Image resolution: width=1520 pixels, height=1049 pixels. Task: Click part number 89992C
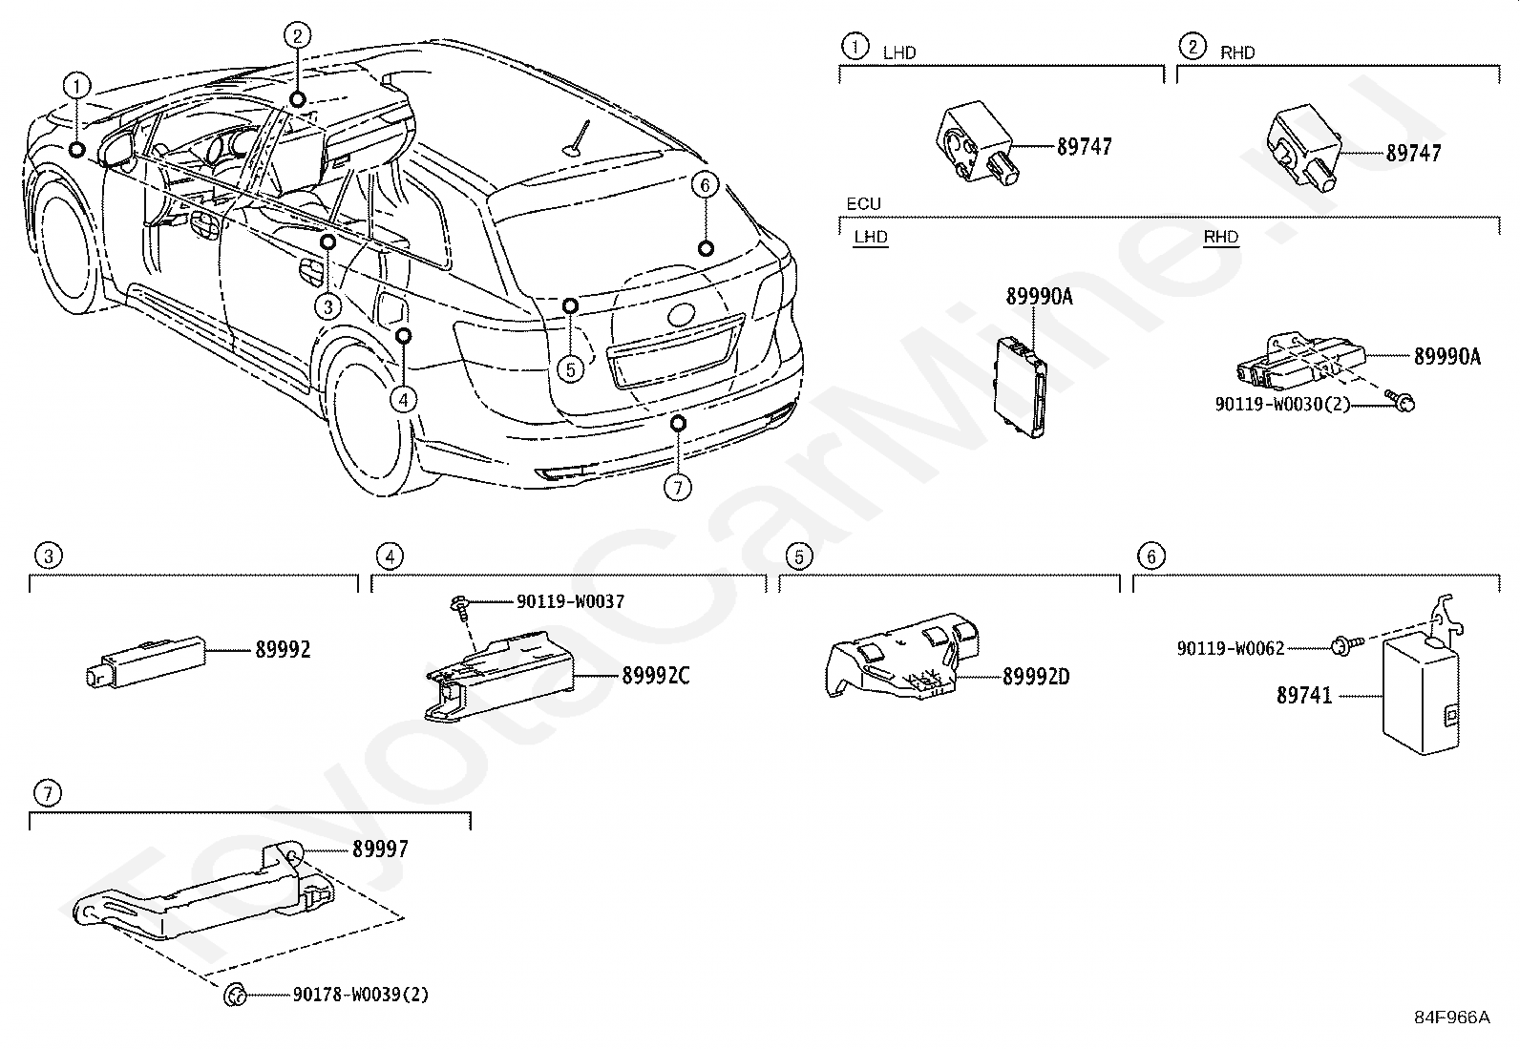(x=655, y=676)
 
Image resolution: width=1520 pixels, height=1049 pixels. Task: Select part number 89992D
(x=1036, y=677)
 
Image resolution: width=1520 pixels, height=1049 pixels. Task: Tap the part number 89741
(x=1303, y=696)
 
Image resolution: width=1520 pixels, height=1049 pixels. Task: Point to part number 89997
(x=380, y=849)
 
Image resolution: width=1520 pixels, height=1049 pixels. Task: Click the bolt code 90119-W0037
(x=570, y=601)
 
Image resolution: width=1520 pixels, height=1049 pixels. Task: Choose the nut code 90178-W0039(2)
(x=361, y=995)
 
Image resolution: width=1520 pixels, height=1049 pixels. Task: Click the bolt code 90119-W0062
(x=1230, y=648)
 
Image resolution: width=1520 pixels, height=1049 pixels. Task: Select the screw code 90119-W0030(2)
(x=1282, y=404)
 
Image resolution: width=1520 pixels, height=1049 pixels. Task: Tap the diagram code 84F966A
(x=1451, y=1018)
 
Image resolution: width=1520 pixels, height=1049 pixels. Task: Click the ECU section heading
(x=863, y=204)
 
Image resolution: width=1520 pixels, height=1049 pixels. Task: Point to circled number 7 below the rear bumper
(x=677, y=488)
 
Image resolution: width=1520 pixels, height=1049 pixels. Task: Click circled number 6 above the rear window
(x=704, y=184)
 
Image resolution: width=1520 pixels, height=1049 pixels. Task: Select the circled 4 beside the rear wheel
(x=404, y=400)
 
